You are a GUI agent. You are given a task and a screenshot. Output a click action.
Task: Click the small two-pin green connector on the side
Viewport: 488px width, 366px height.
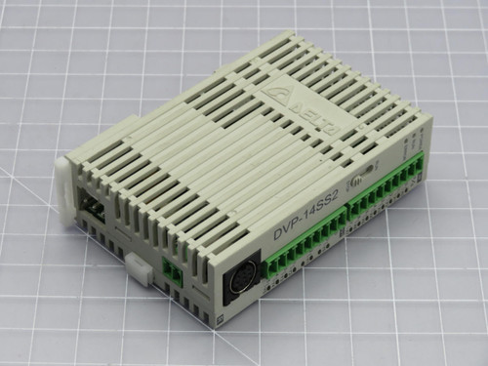click(172, 270)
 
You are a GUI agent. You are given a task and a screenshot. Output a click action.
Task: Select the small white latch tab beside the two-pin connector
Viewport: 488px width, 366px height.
click(138, 268)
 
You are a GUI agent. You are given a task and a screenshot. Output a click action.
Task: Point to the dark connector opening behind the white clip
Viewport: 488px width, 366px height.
click(93, 207)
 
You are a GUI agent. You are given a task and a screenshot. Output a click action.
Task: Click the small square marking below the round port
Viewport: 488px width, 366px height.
click(222, 319)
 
